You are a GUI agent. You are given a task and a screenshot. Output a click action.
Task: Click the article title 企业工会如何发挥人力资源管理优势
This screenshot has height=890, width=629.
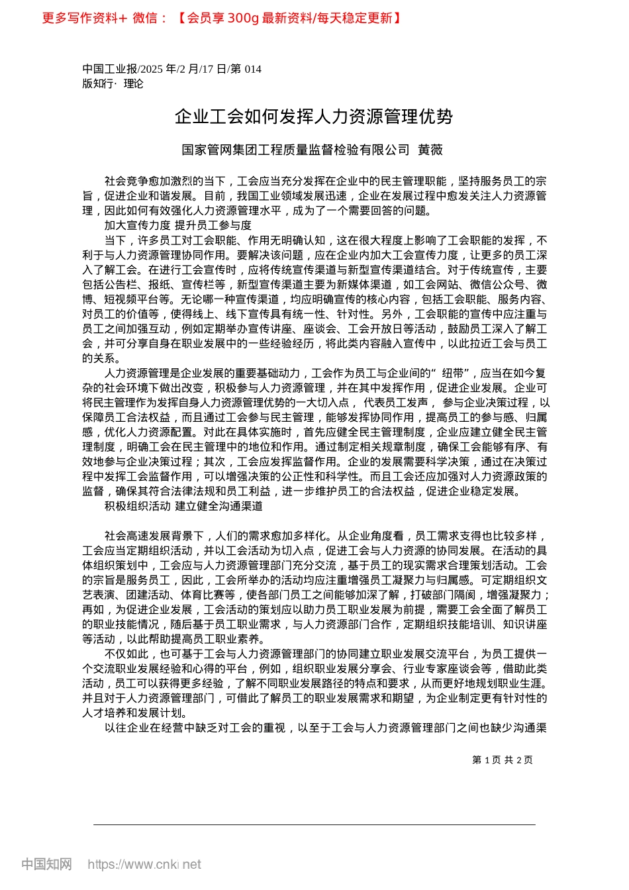point(314,117)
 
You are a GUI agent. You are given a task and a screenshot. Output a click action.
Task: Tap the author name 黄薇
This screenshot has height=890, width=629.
point(430,150)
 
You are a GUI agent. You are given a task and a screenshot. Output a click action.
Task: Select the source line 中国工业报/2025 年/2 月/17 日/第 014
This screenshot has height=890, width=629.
point(172,69)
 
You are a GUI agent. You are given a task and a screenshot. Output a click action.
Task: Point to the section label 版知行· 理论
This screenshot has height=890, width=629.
point(113,83)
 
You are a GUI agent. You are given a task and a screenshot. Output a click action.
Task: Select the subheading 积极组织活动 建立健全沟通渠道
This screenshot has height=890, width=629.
point(183,506)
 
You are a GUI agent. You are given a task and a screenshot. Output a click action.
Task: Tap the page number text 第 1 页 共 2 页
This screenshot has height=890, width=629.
point(503,760)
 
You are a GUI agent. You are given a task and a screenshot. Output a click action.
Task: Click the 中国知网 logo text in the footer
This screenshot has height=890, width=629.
point(46,864)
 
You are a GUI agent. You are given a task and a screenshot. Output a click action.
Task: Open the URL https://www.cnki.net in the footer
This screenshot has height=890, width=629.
point(144,864)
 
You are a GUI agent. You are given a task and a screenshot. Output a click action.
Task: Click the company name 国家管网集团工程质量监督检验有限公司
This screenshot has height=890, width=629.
point(296,150)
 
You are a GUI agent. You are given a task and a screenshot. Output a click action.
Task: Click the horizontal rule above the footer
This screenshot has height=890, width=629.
point(314,824)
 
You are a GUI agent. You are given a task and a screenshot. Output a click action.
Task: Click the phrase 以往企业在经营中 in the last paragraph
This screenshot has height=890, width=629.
point(149,728)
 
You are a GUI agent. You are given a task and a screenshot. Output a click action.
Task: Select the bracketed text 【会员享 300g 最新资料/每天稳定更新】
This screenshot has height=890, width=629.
point(289,18)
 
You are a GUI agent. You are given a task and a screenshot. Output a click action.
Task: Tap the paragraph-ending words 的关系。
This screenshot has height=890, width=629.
point(101,358)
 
